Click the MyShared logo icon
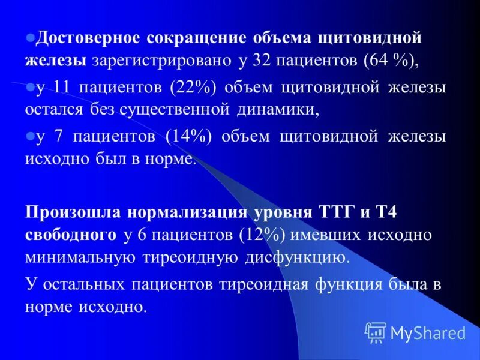point(376,332)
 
